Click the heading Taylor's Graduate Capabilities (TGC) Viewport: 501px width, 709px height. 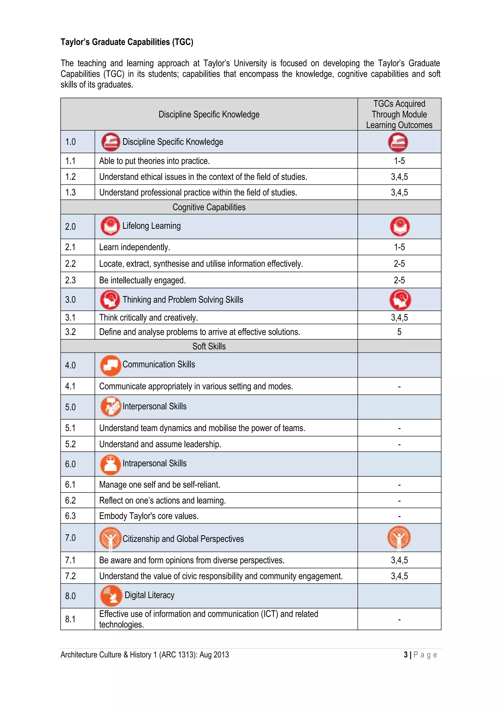pyautogui.click(x=127, y=42)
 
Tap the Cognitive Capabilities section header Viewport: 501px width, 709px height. pyautogui.click(x=209, y=207)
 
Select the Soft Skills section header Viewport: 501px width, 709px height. pyautogui.click(x=209, y=346)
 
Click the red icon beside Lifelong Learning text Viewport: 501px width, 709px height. pyautogui.click(x=110, y=226)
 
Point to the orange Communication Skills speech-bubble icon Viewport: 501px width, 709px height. pyautogui.click(x=110, y=365)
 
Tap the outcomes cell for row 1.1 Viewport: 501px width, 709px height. pyautogui.click(x=399, y=161)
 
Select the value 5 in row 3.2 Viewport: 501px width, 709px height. pyautogui.click(x=399, y=332)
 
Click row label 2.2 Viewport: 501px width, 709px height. pyautogui.click(x=70, y=264)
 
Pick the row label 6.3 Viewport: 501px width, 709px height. pyautogui.click(x=70, y=516)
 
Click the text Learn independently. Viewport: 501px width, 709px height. pyautogui.click(x=135, y=247)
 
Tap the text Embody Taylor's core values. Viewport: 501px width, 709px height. pyautogui.click(x=149, y=516)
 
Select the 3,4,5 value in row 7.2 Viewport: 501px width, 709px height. pyautogui.click(x=399, y=576)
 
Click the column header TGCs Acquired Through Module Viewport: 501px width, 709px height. pyautogui.click(x=399, y=114)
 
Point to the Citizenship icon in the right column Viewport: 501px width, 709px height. pyautogui.click(x=399, y=537)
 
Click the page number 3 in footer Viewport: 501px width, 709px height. pyautogui.click(x=406, y=655)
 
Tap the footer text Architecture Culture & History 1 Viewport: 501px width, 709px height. pyautogui.click(x=145, y=655)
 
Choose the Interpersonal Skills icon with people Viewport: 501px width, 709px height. pyautogui.click(x=110, y=406)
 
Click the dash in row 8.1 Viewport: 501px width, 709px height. pyautogui.click(x=399, y=619)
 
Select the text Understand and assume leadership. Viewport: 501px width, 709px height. pyautogui.click(x=160, y=444)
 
